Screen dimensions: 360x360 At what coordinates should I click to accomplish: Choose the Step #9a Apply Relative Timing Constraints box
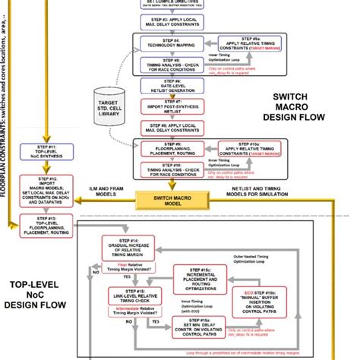point(249,45)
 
